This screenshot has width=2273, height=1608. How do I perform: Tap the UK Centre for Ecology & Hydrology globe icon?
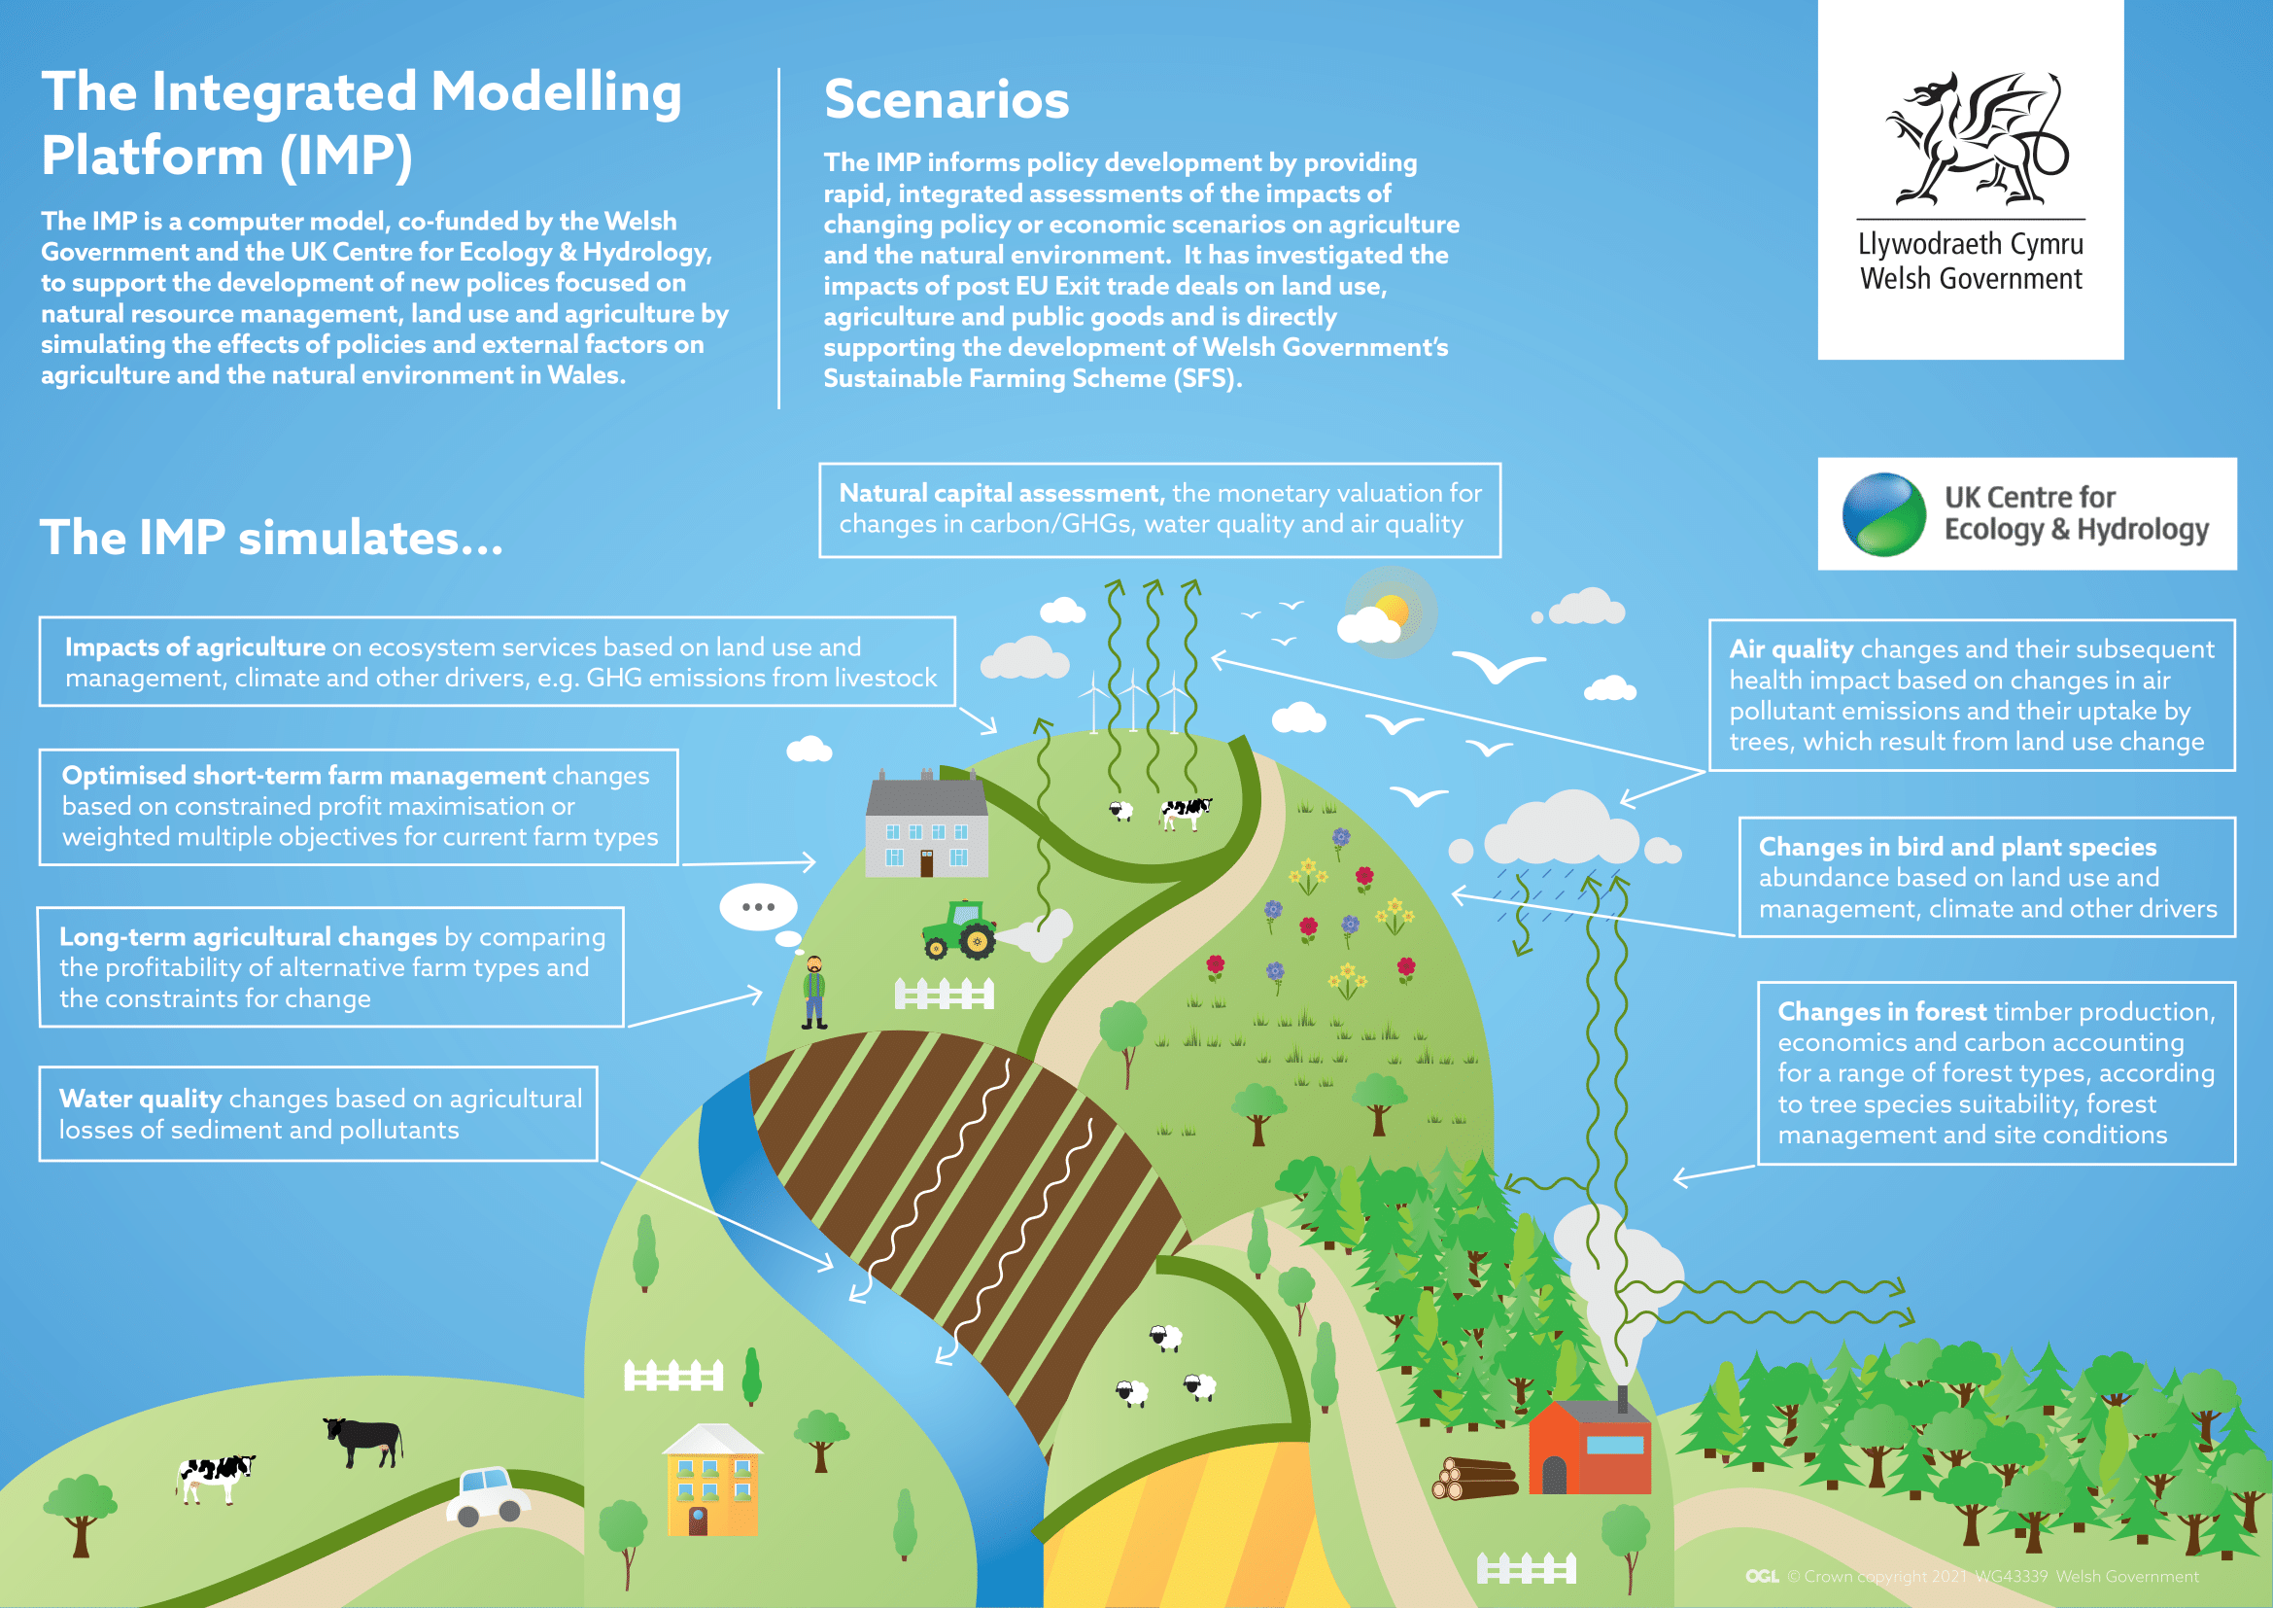coord(1883,515)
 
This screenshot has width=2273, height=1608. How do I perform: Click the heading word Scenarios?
coord(947,99)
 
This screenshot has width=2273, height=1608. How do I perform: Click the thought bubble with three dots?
coord(758,907)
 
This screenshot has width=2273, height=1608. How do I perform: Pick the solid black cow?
coord(364,1440)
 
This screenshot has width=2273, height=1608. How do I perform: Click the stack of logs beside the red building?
coord(1475,1479)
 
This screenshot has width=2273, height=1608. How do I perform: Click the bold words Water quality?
coord(140,1100)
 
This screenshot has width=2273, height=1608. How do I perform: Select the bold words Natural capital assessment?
coord(1000,493)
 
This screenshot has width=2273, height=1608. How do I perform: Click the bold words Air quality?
coord(1791,649)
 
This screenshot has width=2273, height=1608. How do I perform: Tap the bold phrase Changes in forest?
coord(1882,1012)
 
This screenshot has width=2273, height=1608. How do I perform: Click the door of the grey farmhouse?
coord(927,863)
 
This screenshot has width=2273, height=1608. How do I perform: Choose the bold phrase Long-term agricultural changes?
coord(248,936)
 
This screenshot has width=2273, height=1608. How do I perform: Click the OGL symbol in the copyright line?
coord(1762,1576)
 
